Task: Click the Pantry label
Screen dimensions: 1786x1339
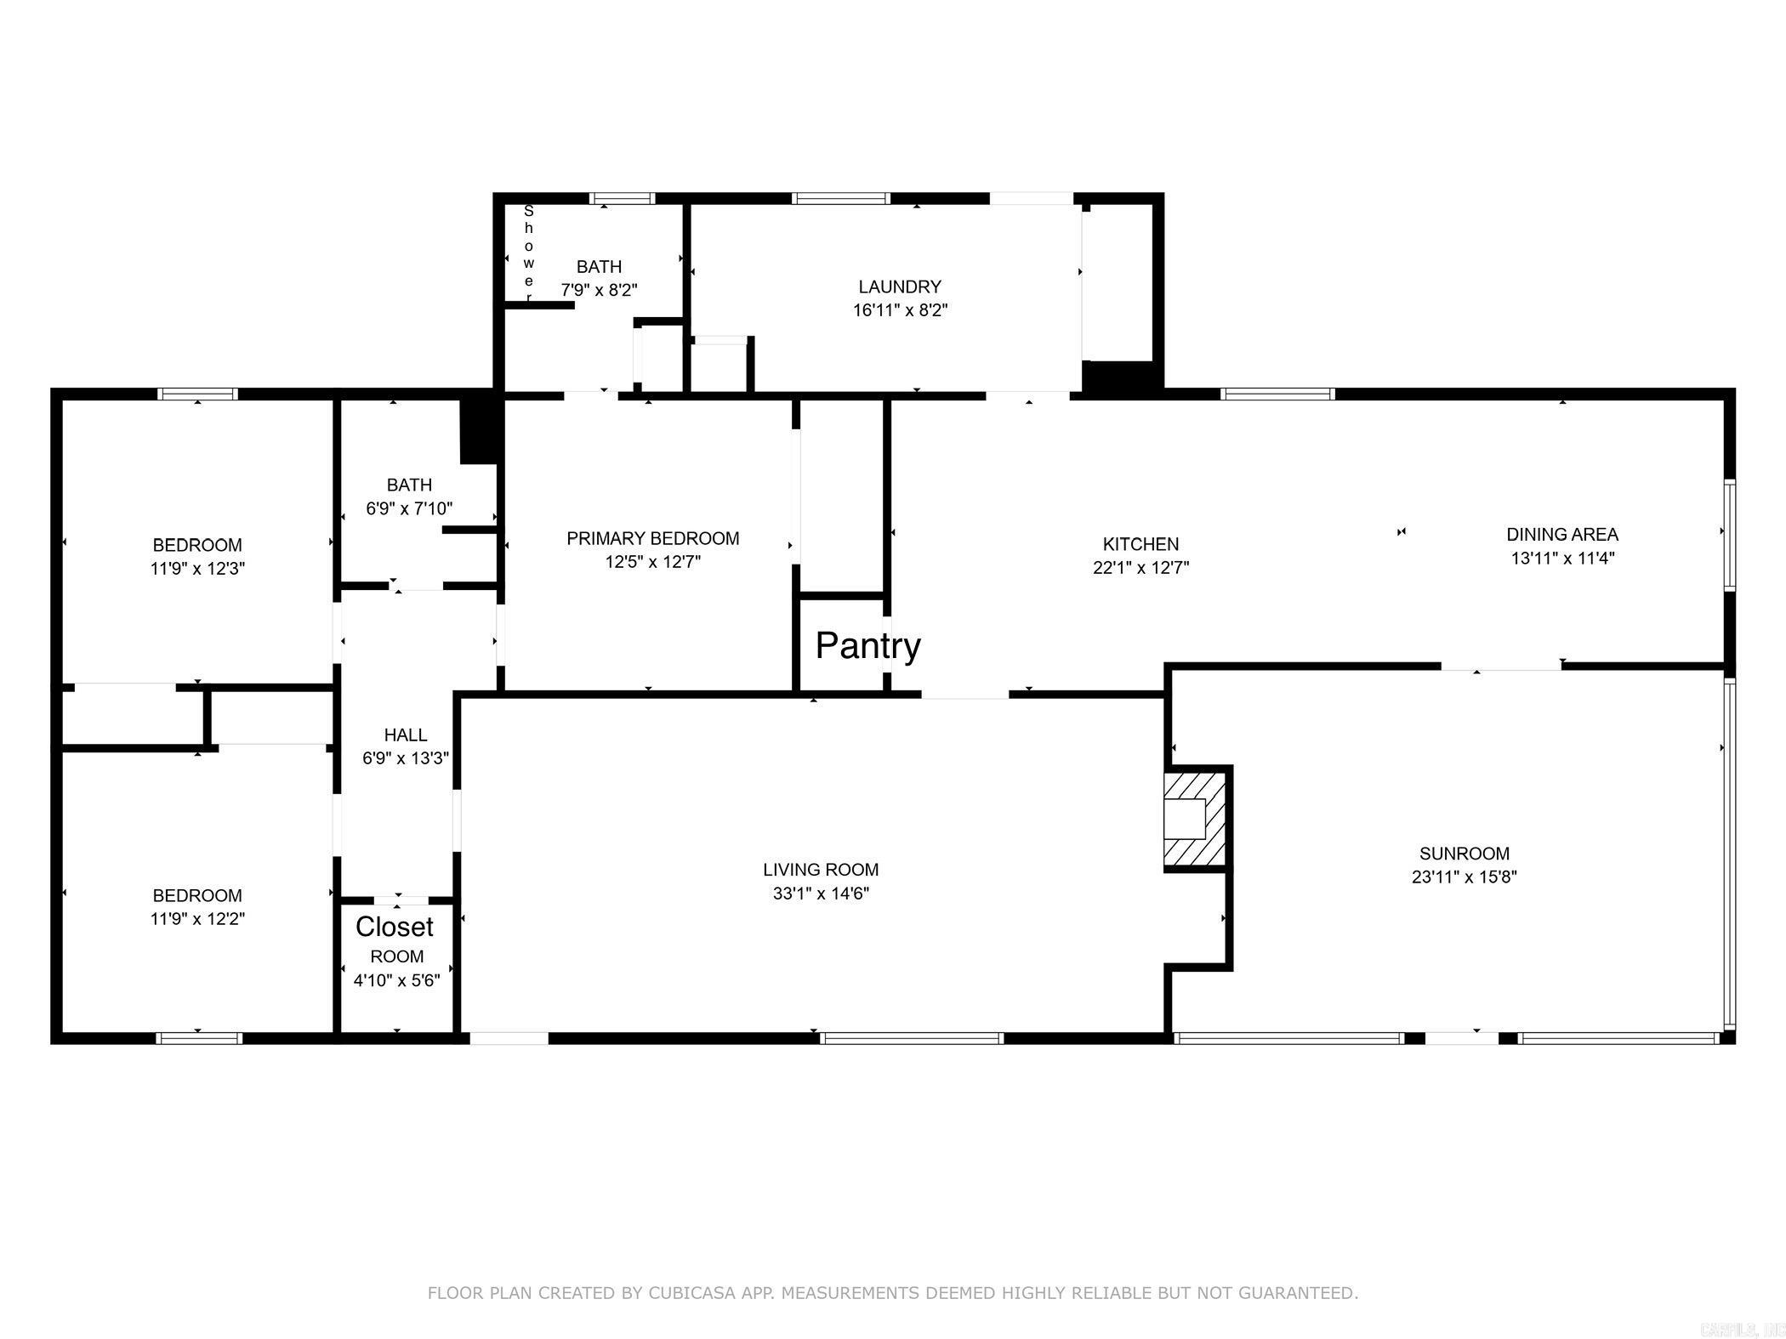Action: pos(867,646)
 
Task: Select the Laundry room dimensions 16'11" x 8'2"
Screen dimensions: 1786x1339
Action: pos(900,310)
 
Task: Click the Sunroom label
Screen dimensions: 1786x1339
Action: pos(1465,854)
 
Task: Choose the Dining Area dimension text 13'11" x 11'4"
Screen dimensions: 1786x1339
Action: pos(1562,559)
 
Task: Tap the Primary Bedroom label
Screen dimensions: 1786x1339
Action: pos(653,538)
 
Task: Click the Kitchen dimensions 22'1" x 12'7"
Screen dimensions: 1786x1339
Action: pos(1140,568)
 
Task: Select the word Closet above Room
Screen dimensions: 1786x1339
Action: pos(395,926)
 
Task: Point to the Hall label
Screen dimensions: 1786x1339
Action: pos(406,735)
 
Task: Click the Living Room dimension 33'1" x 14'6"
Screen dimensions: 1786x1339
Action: pos(820,894)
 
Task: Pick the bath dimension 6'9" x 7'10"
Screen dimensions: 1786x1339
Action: pos(409,509)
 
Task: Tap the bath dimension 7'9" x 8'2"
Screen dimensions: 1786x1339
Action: pos(599,290)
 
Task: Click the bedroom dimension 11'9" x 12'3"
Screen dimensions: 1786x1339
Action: pos(197,569)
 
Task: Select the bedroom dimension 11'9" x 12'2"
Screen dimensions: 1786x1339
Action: pos(197,919)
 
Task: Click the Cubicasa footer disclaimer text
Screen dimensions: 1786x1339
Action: pos(893,1293)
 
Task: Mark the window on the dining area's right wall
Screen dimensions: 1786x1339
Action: pos(1729,534)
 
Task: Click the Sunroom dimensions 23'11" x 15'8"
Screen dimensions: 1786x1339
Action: pos(1465,877)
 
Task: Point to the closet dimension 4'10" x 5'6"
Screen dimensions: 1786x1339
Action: pos(397,980)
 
